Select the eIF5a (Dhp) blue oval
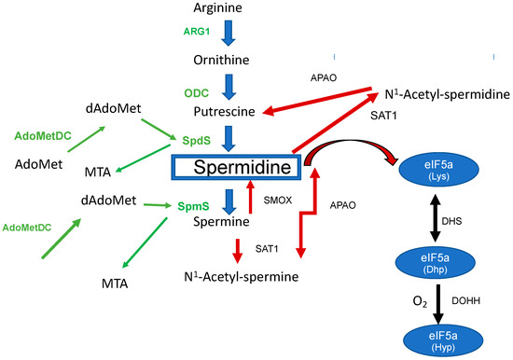coord(436,264)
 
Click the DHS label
coord(478,220)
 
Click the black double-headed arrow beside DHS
coord(435,220)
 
